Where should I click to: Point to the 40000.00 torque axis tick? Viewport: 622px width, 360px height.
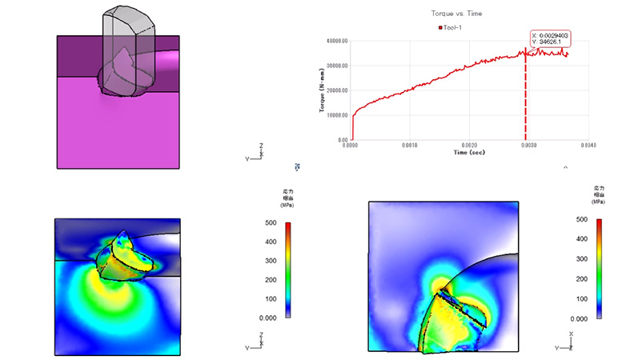point(335,40)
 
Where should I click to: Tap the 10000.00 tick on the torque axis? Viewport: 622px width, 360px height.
point(335,115)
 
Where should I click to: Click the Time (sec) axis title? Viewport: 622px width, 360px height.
point(470,152)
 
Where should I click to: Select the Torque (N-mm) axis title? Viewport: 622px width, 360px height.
point(323,90)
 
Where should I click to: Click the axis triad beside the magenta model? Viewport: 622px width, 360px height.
point(256,153)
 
